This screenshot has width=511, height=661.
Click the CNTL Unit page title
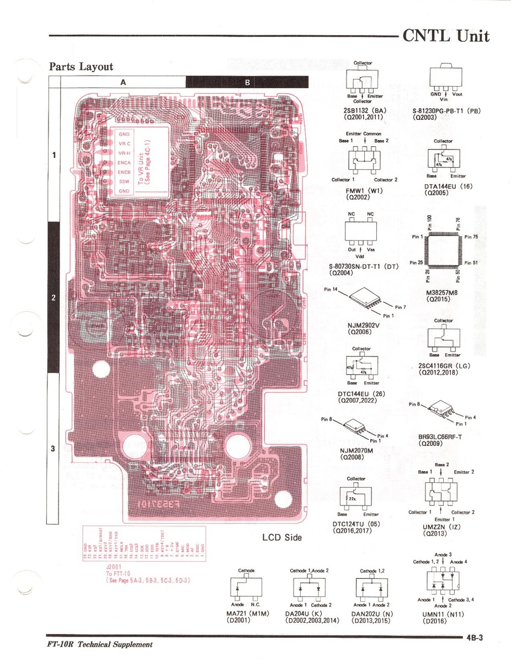(x=446, y=36)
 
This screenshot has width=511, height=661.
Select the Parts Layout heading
(x=81, y=67)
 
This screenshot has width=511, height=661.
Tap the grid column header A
(x=124, y=82)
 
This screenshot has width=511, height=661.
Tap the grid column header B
(x=247, y=83)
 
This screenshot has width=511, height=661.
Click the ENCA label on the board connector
(x=124, y=163)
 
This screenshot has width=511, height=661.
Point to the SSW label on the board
(x=124, y=182)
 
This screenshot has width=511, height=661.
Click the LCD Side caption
(x=281, y=537)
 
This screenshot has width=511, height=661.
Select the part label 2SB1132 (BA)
(x=364, y=110)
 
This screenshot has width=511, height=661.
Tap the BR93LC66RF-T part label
(x=440, y=437)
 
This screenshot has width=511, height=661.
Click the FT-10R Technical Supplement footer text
(x=100, y=644)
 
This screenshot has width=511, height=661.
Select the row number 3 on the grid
(x=53, y=448)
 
